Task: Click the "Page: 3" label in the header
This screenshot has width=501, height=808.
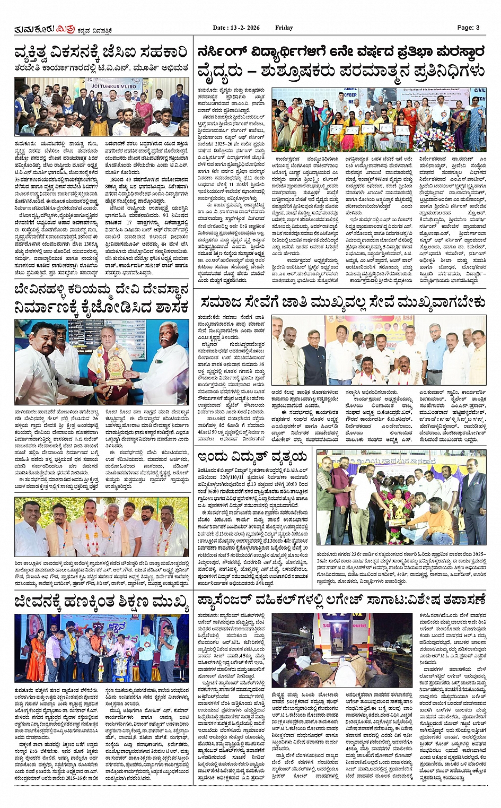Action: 468,28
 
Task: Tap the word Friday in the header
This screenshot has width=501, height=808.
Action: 284,28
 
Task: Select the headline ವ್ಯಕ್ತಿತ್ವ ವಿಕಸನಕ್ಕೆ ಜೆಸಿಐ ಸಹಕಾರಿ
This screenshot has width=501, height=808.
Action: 101,53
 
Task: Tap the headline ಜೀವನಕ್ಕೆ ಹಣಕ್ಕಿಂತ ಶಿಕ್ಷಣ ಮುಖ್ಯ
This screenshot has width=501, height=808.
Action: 101,602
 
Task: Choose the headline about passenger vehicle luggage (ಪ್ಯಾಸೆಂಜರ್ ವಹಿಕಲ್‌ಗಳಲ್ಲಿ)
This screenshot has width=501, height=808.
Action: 341,600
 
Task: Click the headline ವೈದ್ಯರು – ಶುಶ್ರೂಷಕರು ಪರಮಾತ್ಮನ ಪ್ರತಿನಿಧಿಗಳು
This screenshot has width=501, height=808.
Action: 341,71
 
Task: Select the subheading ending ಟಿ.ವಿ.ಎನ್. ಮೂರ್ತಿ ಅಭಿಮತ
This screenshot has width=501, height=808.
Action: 101,68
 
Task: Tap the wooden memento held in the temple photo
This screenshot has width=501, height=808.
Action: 115,368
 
